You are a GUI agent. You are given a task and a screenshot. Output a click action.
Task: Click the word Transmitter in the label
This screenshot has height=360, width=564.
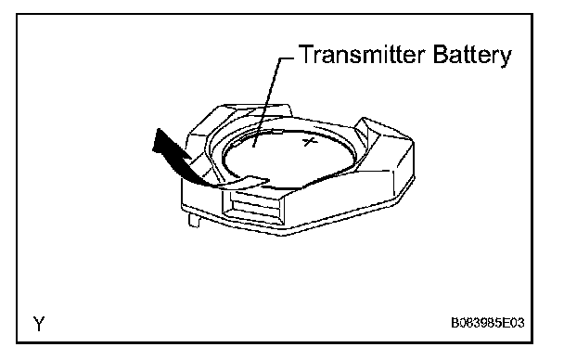pyautogui.click(x=362, y=55)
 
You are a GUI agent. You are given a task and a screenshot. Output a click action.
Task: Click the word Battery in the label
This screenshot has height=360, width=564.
pyautogui.click(x=472, y=56)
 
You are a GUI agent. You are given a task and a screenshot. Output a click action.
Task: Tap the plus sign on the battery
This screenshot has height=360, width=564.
pyautogui.click(x=310, y=141)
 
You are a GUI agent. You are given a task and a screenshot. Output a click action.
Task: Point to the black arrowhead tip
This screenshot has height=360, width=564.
pyautogui.click(x=158, y=130)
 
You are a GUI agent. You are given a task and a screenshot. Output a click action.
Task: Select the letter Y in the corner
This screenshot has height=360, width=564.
pyautogui.click(x=39, y=323)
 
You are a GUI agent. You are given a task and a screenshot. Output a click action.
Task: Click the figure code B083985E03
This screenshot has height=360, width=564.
pyautogui.click(x=488, y=323)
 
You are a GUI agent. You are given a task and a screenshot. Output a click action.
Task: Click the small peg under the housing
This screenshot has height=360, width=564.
pyautogui.click(x=194, y=220)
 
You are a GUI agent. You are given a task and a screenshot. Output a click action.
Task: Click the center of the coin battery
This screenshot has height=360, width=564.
pyautogui.click(x=288, y=159)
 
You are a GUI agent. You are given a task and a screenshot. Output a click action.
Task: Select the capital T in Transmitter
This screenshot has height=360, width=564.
pyautogui.click(x=306, y=55)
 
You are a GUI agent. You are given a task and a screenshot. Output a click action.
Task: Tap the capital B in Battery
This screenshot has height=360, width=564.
pyautogui.click(x=441, y=55)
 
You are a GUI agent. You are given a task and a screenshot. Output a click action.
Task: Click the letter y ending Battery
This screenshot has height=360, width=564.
pyautogui.click(x=506, y=58)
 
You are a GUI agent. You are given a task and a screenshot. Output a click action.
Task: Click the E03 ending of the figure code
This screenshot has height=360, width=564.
pyautogui.click(x=512, y=323)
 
